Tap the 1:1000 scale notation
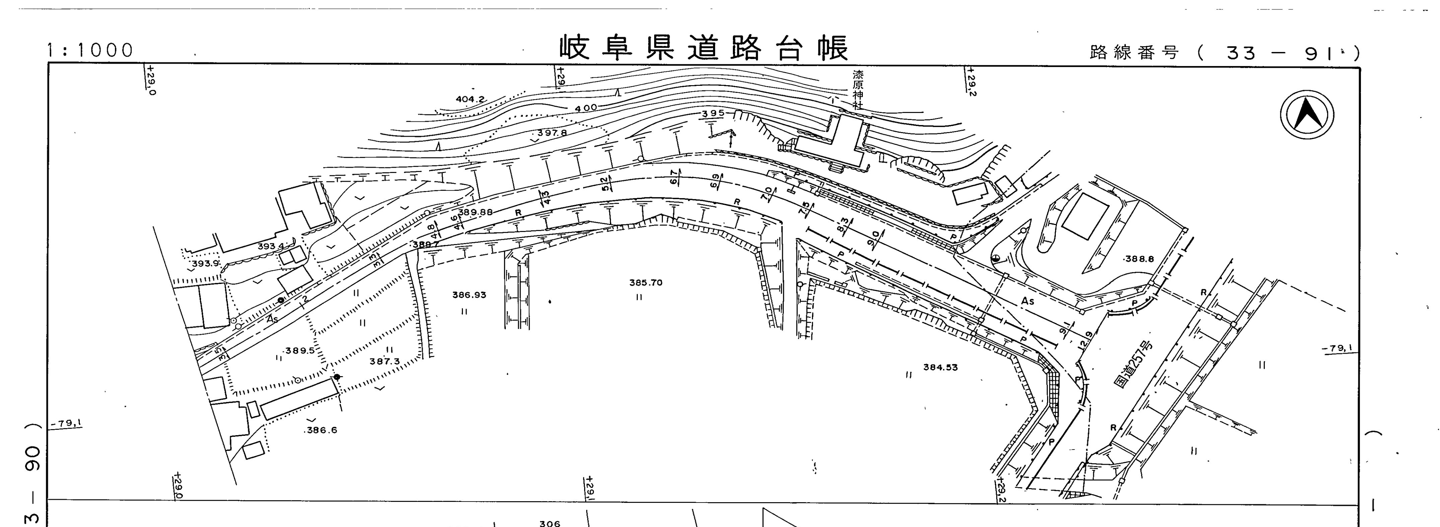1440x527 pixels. click(x=90, y=50)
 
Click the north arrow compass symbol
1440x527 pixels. click(x=1306, y=115)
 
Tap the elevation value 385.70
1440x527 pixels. click(x=646, y=283)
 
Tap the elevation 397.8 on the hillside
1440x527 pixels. click(x=552, y=133)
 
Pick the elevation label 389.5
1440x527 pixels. click(x=300, y=351)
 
